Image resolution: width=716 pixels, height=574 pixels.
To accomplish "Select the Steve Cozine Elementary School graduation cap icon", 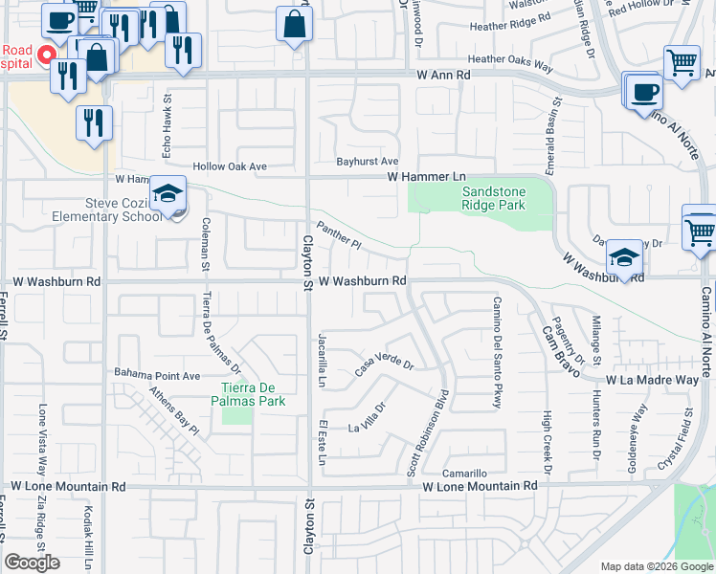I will pyautogui.click(x=168, y=195).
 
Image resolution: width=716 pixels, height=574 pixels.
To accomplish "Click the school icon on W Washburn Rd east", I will pyautogui.click(x=624, y=256).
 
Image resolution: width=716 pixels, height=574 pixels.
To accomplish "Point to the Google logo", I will pyautogui.click(x=32, y=563).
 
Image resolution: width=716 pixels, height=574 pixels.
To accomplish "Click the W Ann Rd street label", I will pyautogui.click(x=444, y=74).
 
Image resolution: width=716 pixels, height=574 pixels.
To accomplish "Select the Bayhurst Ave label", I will pyautogui.click(x=367, y=162).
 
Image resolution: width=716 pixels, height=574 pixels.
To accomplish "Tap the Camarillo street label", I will pyautogui.click(x=465, y=474).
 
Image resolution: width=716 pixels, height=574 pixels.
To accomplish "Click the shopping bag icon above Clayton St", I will pyautogui.click(x=294, y=22).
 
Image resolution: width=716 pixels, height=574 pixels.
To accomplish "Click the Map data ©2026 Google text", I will pyautogui.click(x=657, y=566).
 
